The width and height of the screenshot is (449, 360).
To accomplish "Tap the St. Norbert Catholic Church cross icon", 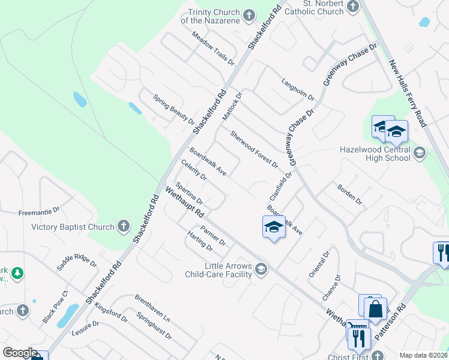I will [x=352, y=7].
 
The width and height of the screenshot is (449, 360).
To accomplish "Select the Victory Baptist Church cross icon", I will [x=123, y=226].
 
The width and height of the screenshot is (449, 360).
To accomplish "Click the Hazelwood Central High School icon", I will [x=419, y=154].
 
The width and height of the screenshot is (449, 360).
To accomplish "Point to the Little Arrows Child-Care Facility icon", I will [x=261, y=269].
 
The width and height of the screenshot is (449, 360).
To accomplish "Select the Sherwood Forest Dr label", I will [x=255, y=149].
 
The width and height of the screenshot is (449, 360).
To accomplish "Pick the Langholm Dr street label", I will [x=298, y=89].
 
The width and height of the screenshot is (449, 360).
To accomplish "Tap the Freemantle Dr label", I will [x=39, y=211].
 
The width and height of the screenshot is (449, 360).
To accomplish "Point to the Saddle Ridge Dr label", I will [x=76, y=260].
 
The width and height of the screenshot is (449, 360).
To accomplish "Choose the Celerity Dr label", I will [x=193, y=170].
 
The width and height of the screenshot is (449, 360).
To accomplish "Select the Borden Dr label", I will [x=349, y=194].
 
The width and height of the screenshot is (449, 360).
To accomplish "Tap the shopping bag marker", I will [x=376, y=310].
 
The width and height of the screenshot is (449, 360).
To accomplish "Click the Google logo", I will [x=20, y=353].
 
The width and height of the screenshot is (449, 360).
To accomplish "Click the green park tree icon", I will [x=18, y=274].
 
